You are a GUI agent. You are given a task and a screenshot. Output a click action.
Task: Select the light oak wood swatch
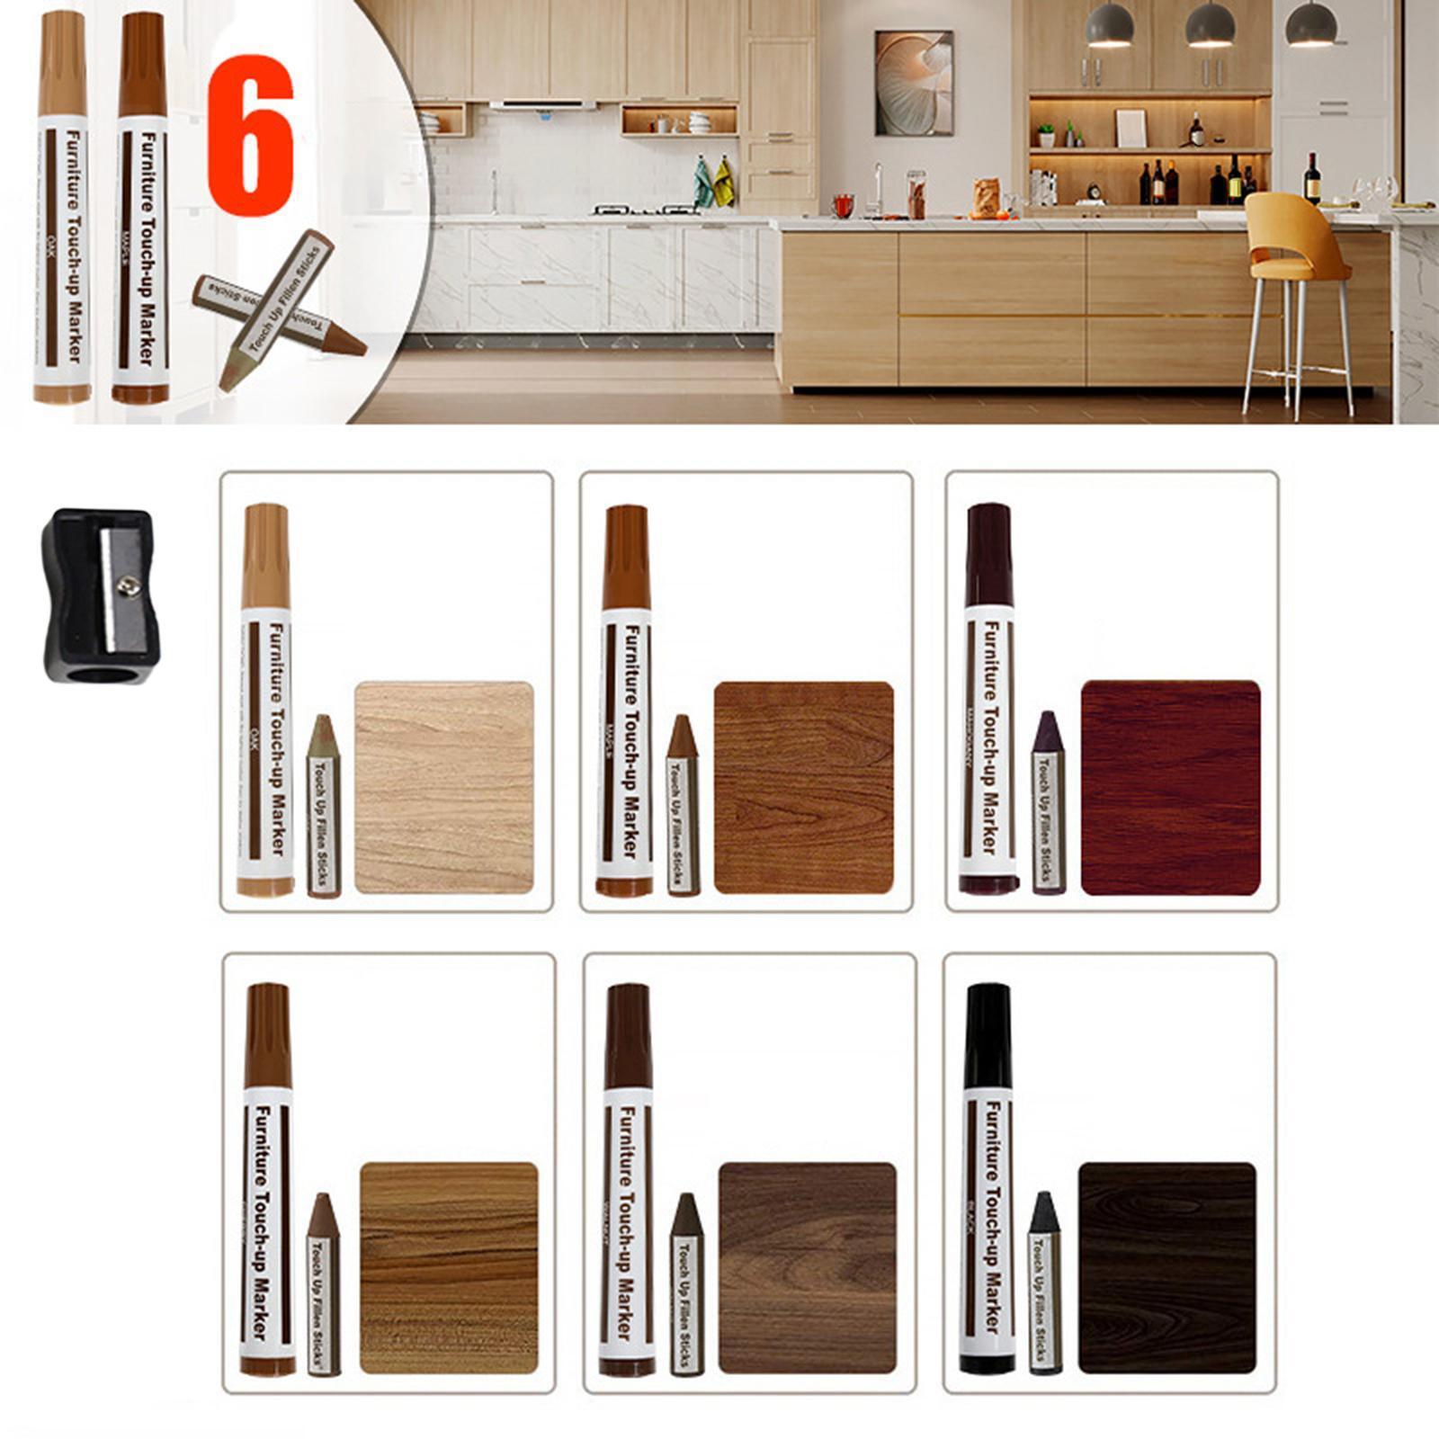click(x=444, y=788)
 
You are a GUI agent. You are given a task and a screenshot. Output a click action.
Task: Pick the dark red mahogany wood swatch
click(x=1170, y=788)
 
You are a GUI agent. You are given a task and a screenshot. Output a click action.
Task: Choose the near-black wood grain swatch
click(x=1166, y=1267)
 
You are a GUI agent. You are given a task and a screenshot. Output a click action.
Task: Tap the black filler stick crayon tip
click(x=1043, y=1211)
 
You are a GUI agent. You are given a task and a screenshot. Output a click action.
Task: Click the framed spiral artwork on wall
click(x=914, y=83)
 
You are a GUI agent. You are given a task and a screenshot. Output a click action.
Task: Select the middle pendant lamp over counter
click(x=1209, y=27)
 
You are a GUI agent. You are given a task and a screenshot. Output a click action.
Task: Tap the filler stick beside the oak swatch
click(x=324, y=806)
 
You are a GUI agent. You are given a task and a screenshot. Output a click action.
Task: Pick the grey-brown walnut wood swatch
click(x=808, y=1267)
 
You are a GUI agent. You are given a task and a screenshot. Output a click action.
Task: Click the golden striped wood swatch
click(x=449, y=1267)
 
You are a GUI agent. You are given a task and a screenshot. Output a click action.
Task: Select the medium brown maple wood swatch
click(x=803, y=788)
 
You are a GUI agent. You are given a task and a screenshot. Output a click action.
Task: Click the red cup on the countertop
click(x=843, y=206)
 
